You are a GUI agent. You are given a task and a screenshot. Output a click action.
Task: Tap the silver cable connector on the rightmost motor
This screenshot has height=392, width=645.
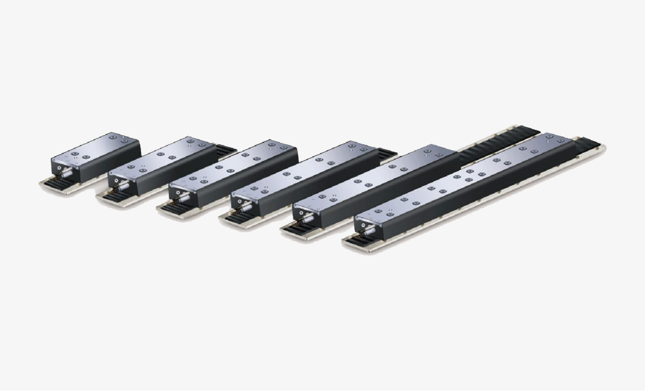tap(369, 231)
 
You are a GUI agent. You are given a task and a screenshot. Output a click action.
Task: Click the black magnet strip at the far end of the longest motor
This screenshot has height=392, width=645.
tap(589, 145)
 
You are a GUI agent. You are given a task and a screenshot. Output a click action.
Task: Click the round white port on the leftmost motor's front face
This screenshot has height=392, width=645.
tap(59, 168)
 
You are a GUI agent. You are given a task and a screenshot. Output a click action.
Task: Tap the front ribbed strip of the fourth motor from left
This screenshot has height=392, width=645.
tap(236, 218)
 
